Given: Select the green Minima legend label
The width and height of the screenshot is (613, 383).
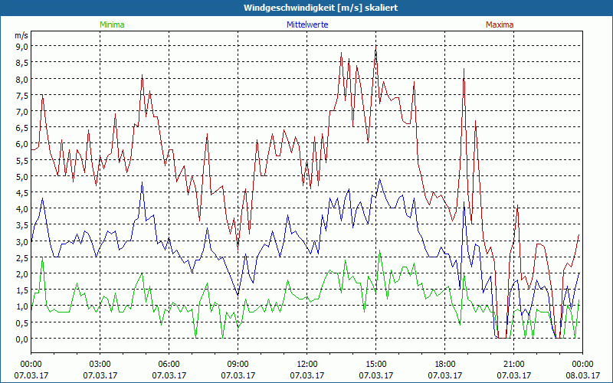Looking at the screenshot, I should [x=112, y=25].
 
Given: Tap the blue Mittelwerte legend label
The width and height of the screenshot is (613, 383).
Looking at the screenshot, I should [x=306, y=25].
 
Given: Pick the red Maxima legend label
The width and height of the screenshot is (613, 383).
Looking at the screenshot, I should [x=499, y=25].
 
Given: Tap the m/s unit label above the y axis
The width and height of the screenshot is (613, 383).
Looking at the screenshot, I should [x=21, y=35].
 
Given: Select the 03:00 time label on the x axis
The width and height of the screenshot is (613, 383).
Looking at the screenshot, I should [x=100, y=364].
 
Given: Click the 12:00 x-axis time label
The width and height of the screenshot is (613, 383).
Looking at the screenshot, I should [x=307, y=364].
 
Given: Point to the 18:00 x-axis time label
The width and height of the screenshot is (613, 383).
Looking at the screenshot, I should [x=445, y=364].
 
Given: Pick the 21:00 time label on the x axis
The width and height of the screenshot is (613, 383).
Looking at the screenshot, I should [x=514, y=364].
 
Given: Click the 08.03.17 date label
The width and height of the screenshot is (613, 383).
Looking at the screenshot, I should [x=582, y=375].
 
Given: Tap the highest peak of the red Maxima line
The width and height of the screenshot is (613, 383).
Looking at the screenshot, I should [x=375, y=47].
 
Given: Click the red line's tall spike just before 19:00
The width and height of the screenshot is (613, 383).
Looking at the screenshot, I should [x=464, y=70].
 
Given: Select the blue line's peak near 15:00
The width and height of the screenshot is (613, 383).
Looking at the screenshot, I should [x=380, y=180].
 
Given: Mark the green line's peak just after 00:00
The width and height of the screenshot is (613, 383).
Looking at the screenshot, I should [x=42, y=258].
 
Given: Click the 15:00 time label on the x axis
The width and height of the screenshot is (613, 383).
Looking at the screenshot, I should [x=376, y=364].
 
